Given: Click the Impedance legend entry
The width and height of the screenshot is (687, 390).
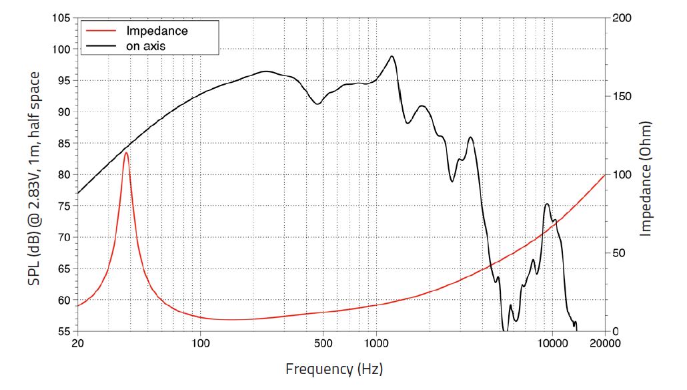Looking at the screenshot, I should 157,31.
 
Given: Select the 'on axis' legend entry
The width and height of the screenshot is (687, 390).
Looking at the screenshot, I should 145,45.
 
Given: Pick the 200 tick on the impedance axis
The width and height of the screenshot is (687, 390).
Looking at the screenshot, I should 622,18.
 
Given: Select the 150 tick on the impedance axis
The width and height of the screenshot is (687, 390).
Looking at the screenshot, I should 622,96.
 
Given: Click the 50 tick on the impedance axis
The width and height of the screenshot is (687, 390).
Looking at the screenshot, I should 619,253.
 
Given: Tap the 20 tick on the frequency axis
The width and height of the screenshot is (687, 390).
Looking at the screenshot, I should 78,343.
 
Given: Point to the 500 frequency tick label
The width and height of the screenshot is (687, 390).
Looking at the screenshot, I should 323,343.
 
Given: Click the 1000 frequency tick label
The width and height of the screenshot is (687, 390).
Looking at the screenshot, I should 376,343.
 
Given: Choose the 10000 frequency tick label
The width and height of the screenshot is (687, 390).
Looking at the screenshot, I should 552,343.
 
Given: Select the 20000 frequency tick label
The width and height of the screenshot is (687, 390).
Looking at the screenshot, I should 605,343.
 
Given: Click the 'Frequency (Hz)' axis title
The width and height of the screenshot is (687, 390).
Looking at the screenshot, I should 334,369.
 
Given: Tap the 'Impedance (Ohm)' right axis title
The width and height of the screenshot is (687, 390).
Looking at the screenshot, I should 646,178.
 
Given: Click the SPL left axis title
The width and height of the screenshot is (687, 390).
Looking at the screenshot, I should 33,178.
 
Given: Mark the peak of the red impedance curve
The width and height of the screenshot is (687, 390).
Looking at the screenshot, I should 125,152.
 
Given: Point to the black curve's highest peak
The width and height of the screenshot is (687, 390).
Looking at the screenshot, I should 392,56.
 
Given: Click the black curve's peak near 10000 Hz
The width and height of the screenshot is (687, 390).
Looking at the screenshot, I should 547,204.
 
